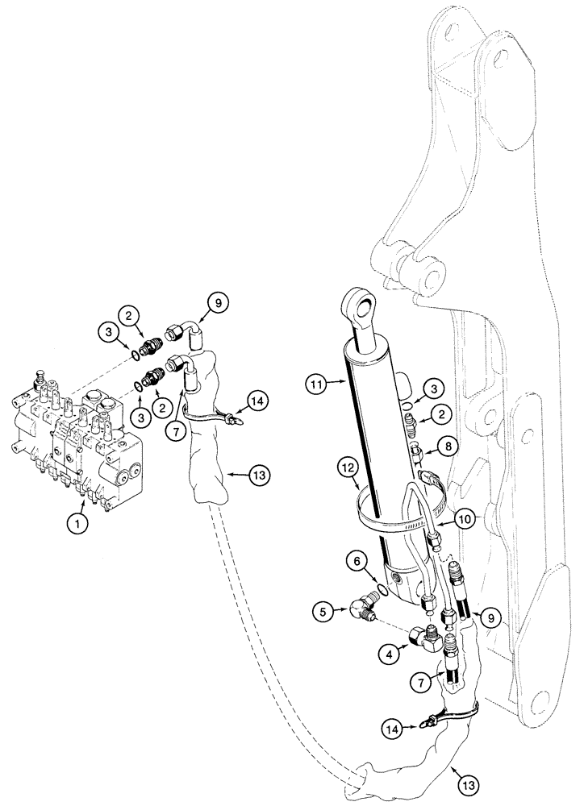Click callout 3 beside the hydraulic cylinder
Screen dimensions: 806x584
click(432, 388)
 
